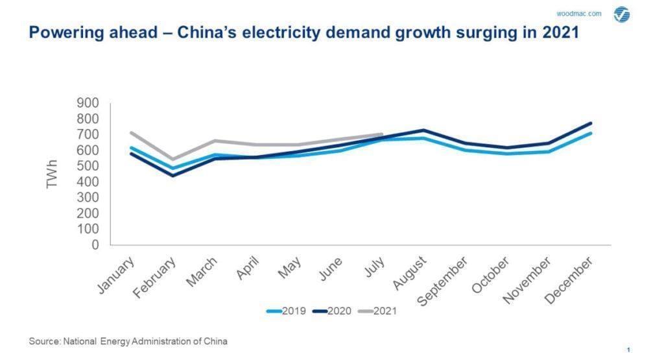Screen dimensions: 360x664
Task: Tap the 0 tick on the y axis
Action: tap(95, 245)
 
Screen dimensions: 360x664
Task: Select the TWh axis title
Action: tap(53, 174)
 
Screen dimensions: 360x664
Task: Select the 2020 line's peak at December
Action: tap(590, 123)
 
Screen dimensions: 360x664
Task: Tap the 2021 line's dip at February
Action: tap(172, 159)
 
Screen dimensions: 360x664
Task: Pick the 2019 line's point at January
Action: tap(132, 148)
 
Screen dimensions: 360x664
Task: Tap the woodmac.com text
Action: tap(579, 14)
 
